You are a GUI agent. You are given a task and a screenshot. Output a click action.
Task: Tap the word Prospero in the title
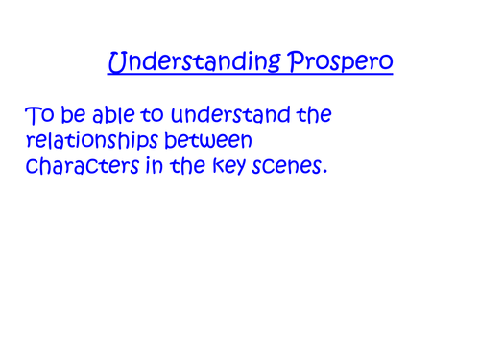point(338,64)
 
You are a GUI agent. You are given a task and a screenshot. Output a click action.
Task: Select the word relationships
point(100,143)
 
